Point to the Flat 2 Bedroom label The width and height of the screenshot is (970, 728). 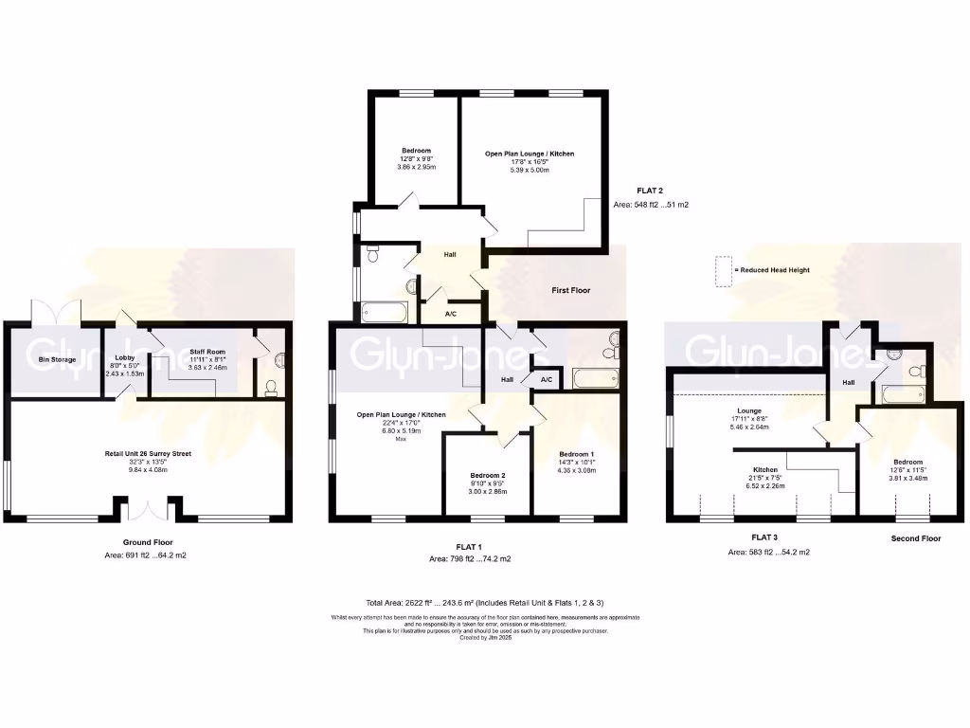point(416,151)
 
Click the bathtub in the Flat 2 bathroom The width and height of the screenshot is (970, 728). point(385,312)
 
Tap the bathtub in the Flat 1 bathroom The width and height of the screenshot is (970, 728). point(595,379)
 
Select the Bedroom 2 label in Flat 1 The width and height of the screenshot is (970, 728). point(489,476)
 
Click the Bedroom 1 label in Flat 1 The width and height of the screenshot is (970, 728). point(577,455)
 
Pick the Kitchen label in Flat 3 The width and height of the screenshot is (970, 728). point(765,470)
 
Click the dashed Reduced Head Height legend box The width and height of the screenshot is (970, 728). point(724,271)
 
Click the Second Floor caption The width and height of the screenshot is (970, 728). point(915,538)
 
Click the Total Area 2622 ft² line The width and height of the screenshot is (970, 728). point(484,603)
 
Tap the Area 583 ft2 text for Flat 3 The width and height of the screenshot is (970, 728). point(768,552)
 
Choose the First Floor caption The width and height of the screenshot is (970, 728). point(570,290)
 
